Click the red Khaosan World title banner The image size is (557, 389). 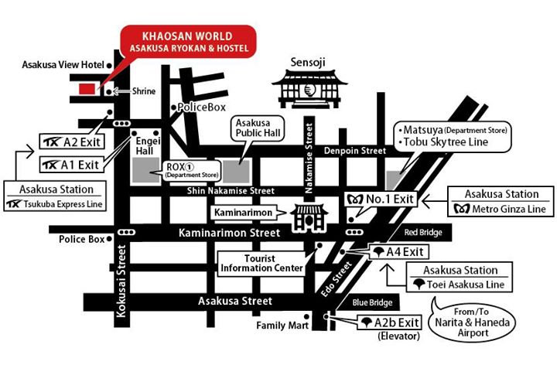pos(189,42)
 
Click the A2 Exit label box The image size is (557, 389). pos(71,142)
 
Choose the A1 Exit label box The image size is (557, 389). pos(71,165)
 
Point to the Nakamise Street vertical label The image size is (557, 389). pos(309,150)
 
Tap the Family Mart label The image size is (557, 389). pos(282,326)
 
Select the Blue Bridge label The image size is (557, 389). pos(375,303)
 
